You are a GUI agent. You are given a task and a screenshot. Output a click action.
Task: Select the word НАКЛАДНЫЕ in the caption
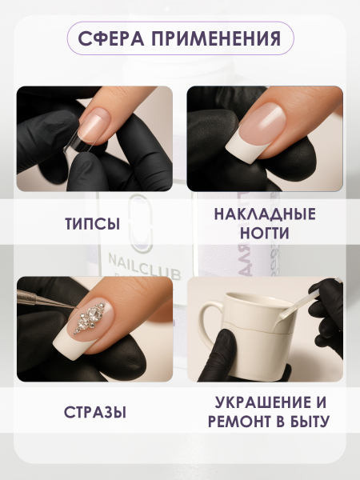[x=265, y=214]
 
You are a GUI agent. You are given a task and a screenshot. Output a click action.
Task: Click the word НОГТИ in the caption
[x=265, y=234]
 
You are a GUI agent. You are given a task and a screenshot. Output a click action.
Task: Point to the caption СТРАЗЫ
[x=94, y=413]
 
